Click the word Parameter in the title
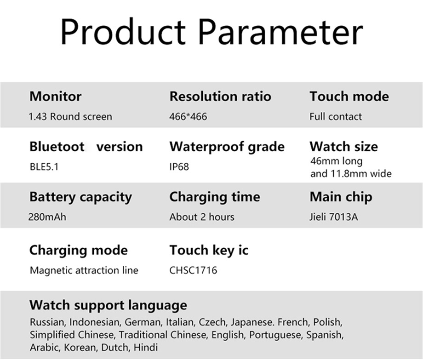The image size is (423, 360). [281, 31]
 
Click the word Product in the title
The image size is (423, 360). [123, 31]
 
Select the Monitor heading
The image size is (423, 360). [55, 97]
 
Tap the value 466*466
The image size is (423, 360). [189, 116]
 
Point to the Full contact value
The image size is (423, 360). [336, 116]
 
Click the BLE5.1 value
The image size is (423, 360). [44, 167]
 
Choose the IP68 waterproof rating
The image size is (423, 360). [179, 167]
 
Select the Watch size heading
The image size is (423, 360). [344, 147]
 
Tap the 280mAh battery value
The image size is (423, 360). [47, 217]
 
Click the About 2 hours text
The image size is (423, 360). [202, 217]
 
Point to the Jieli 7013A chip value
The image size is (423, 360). [334, 217]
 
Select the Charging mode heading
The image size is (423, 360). [79, 251]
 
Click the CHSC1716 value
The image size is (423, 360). [193, 270]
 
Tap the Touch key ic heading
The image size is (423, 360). [209, 250]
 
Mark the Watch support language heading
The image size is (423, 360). [108, 306]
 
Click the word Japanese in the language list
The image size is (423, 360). [252, 322]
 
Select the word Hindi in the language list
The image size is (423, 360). [146, 347]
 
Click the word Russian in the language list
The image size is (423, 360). [47, 322]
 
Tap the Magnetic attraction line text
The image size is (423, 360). [84, 270]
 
